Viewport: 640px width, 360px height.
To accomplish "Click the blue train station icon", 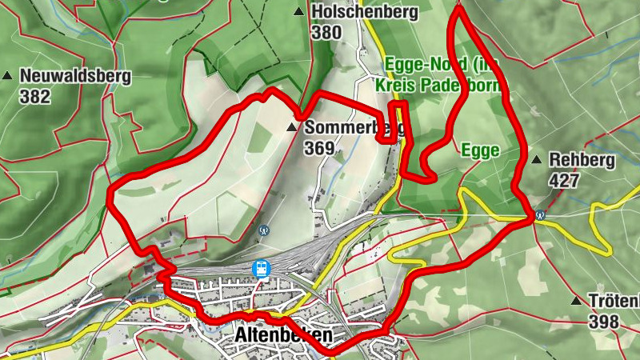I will [260, 269].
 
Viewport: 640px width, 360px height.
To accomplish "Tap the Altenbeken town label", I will [283, 337].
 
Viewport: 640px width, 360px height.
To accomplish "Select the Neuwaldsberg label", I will [74, 76].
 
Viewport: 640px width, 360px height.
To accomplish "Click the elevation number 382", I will [35, 97].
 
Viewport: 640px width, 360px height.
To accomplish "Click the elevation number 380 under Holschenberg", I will [326, 33].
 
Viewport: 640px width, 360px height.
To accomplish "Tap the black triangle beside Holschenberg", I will [300, 12].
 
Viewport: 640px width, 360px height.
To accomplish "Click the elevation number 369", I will [318, 148].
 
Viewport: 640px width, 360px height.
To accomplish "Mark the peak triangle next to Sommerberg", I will [293, 127].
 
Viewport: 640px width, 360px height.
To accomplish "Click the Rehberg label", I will [582, 160].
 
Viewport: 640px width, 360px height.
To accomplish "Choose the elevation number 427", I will [564, 181].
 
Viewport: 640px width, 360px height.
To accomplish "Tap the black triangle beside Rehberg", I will [538, 160].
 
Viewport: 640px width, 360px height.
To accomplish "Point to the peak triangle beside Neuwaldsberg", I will [8, 76].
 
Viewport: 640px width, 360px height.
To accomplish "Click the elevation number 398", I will [603, 322].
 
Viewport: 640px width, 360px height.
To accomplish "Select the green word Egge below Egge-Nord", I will [480, 150].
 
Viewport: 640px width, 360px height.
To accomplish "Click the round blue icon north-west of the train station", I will [265, 229].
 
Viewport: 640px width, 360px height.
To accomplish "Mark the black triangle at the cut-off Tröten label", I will [576, 301].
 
